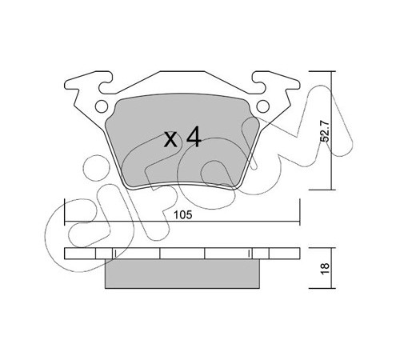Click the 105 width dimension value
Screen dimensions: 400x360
pyautogui.click(x=182, y=215)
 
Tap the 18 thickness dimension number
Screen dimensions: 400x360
pyautogui.click(x=326, y=268)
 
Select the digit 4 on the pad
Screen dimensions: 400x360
pyautogui.click(x=194, y=137)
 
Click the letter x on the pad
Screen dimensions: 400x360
pyautogui.click(x=170, y=139)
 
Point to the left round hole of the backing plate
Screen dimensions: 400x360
pyautogui.click(x=102, y=106)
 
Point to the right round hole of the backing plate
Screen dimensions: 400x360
pyautogui.click(x=263, y=106)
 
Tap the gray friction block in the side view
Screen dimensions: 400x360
pyautogui.click(x=182, y=274)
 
